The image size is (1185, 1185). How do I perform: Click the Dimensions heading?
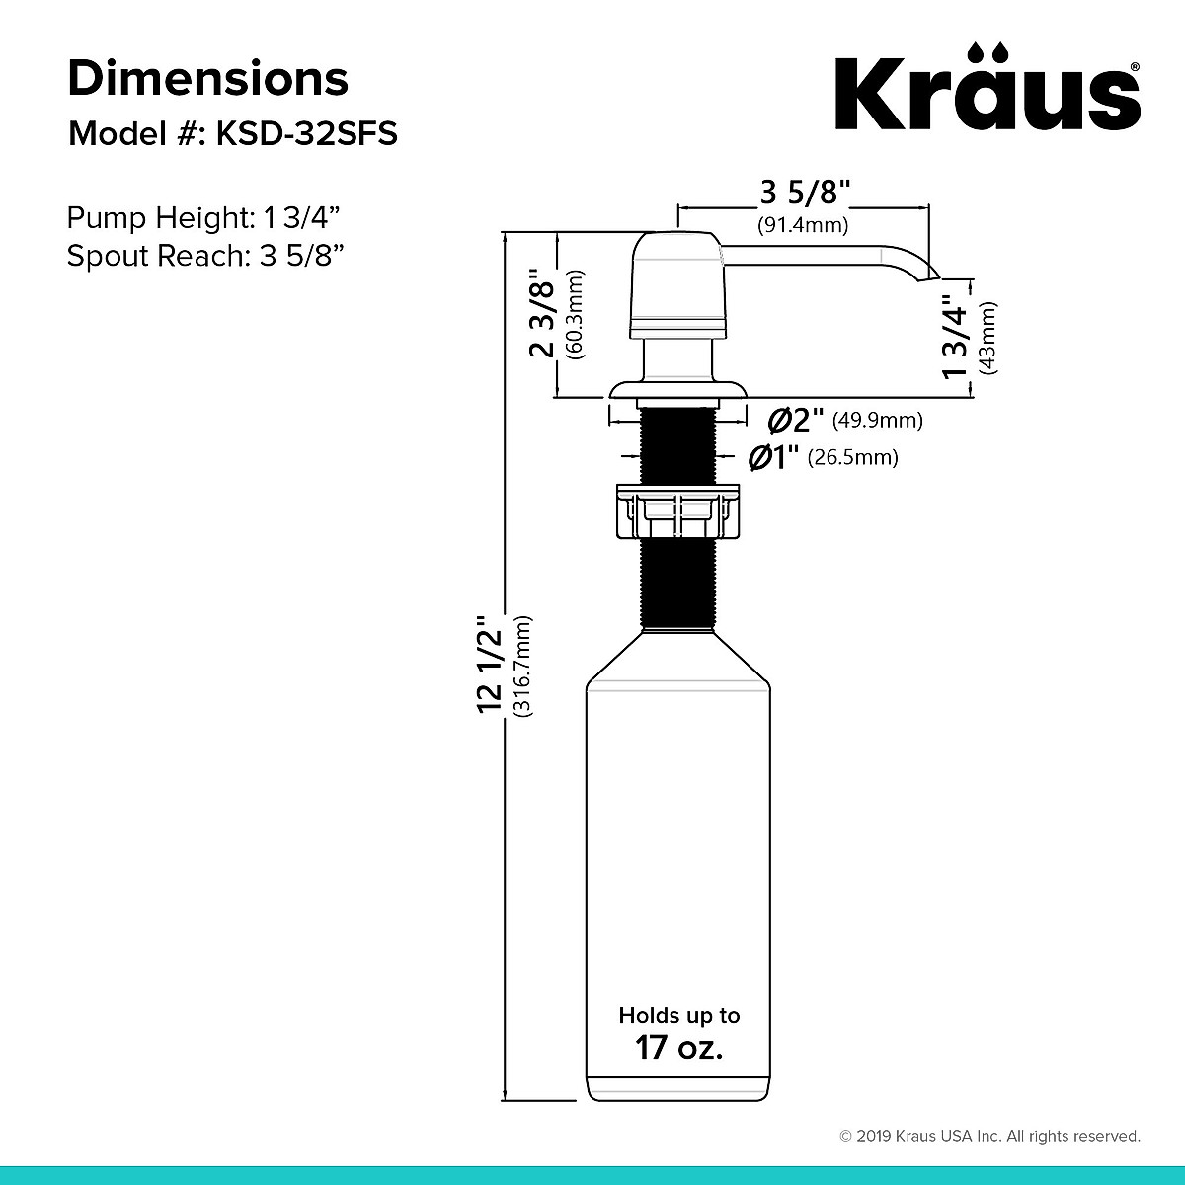tap(207, 78)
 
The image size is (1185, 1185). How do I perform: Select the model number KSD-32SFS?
tap(306, 133)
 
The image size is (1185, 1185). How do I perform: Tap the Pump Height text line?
tap(204, 217)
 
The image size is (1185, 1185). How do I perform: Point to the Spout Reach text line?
tap(204, 256)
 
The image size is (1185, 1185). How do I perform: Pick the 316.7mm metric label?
tap(523, 679)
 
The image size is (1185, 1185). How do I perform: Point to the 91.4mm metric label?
tap(803, 225)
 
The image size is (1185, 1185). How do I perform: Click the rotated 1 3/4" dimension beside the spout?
tap(955, 337)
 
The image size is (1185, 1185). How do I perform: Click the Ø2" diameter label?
tap(796, 420)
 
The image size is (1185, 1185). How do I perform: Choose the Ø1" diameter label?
tap(774, 457)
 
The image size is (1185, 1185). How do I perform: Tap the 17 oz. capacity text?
tap(678, 1047)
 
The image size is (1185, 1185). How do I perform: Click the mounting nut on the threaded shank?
tap(677, 512)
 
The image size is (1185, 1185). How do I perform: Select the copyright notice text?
tap(989, 1136)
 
